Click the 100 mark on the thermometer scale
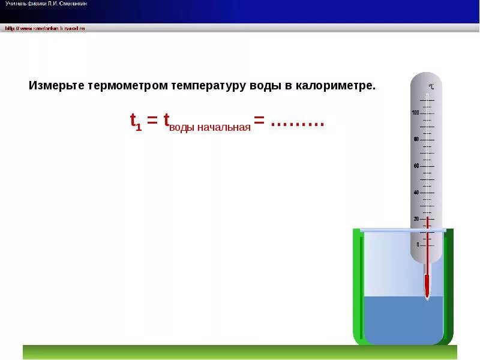415,113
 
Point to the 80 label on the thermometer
416,139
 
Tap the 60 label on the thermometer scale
416,166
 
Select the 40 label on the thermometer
416,193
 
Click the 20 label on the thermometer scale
416,219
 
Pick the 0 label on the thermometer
418,245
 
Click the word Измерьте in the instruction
56,85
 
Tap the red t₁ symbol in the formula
136,122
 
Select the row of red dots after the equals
298,124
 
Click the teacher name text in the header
46,4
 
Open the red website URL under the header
45,28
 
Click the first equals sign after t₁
152,121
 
